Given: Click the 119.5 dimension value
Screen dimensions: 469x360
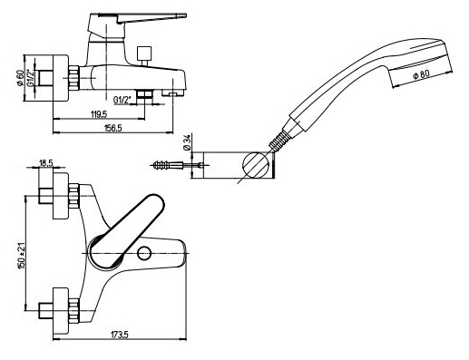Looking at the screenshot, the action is coord(99,114).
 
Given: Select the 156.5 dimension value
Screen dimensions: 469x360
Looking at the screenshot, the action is coord(112,128).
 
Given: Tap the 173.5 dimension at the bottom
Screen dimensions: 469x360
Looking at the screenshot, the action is coord(120,335).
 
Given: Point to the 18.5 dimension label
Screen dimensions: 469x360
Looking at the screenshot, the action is coord(46,162).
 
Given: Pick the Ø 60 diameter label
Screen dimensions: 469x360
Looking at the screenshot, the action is coord(20,78).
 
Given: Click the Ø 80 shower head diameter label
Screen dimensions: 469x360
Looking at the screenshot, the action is coord(421,74).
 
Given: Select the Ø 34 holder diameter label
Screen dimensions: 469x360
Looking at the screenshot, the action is coord(187,142).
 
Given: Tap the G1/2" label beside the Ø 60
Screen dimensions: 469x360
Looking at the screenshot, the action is coord(30,78).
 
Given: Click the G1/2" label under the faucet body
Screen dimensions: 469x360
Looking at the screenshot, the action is coord(122,100).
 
